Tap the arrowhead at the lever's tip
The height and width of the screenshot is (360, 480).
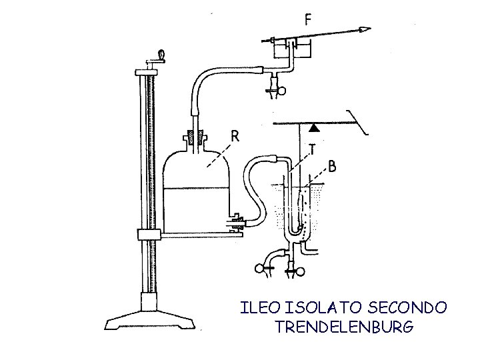[365, 29]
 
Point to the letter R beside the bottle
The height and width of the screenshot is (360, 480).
[235, 136]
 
